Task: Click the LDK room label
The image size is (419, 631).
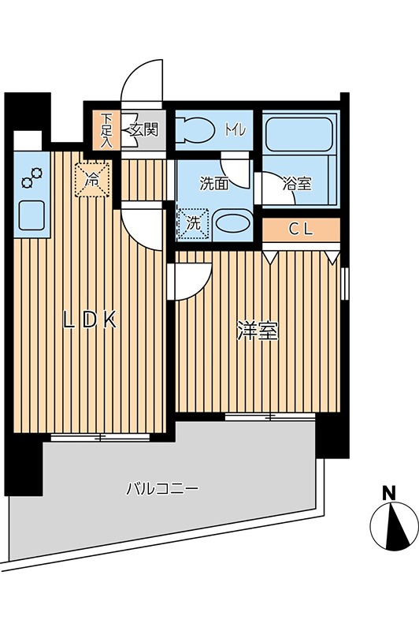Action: click(x=91, y=320)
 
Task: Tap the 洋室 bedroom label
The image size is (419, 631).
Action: click(x=258, y=332)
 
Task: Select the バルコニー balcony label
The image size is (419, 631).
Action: click(x=162, y=488)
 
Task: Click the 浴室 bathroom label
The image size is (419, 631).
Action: click(x=298, y=185)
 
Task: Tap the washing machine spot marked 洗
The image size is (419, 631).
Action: click(x=193, y=222)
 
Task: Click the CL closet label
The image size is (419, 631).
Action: click(x=301, y=230)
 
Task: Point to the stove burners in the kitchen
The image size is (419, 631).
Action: click(x=32, y=179)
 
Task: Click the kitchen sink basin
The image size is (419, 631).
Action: click(x=32, y=215)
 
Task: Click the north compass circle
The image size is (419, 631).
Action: click(x=393, y=527)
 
